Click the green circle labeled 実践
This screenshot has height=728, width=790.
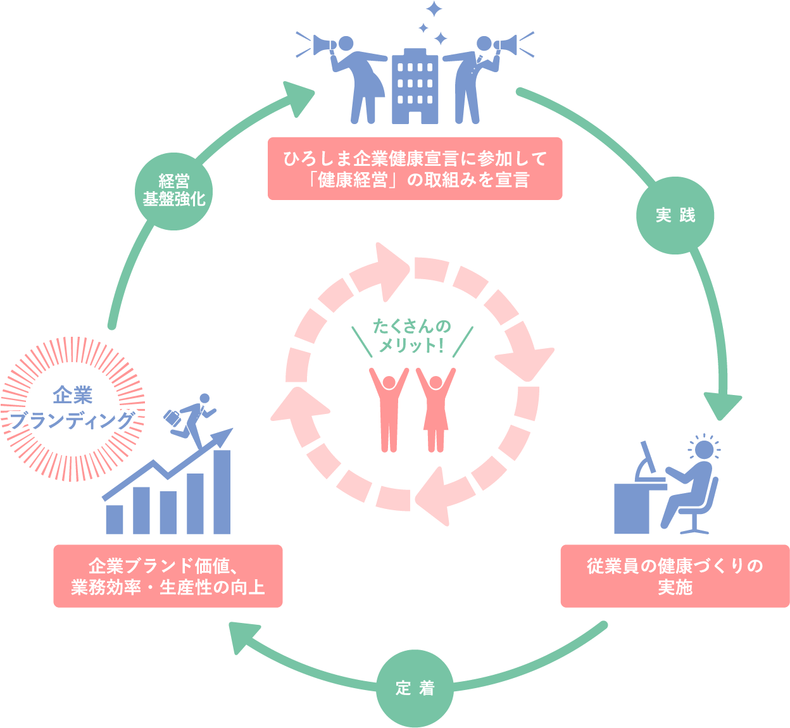pos(675,215)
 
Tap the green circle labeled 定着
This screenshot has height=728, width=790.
pos(415,688)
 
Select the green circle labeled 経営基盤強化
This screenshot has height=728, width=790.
pos(174,191)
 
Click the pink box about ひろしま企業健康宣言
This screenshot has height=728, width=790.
pos(415,168)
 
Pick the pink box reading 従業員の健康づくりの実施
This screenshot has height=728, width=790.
pos(675,576)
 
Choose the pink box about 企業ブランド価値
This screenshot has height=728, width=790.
pos(168,576)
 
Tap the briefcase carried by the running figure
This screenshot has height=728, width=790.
pos(172,418)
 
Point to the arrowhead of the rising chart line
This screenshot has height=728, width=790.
pos(225,436)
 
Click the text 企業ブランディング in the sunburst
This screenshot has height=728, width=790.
pos(73,408)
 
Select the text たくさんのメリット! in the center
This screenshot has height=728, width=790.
pos(412,336)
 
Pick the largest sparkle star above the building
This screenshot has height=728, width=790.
pos(434,9)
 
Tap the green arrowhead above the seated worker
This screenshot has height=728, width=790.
pos(722,406)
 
